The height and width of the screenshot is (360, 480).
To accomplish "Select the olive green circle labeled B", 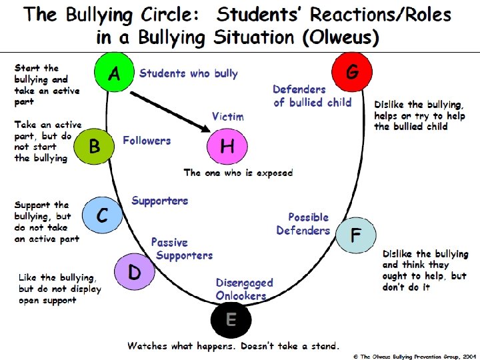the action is point(94,147).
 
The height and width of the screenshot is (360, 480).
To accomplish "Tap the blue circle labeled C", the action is point(102,215).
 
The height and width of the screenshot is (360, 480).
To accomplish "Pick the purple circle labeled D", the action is point(134,271).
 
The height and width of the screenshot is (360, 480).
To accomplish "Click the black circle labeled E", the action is point(230,319).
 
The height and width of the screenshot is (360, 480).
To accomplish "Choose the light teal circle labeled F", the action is point(355,235).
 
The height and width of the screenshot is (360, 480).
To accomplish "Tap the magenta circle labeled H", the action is point(227,147).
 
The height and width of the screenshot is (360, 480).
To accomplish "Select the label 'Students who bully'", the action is point(189,73).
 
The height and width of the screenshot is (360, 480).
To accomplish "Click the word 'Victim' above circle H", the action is point(227,117).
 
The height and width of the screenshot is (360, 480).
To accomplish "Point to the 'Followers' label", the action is point(147,141).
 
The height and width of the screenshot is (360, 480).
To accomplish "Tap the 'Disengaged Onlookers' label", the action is point(244,289).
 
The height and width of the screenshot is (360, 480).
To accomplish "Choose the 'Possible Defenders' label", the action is point(304,223).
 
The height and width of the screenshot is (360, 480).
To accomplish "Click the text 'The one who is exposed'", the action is point(238,173).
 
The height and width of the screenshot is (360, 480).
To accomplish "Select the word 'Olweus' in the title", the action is point(341,38).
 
